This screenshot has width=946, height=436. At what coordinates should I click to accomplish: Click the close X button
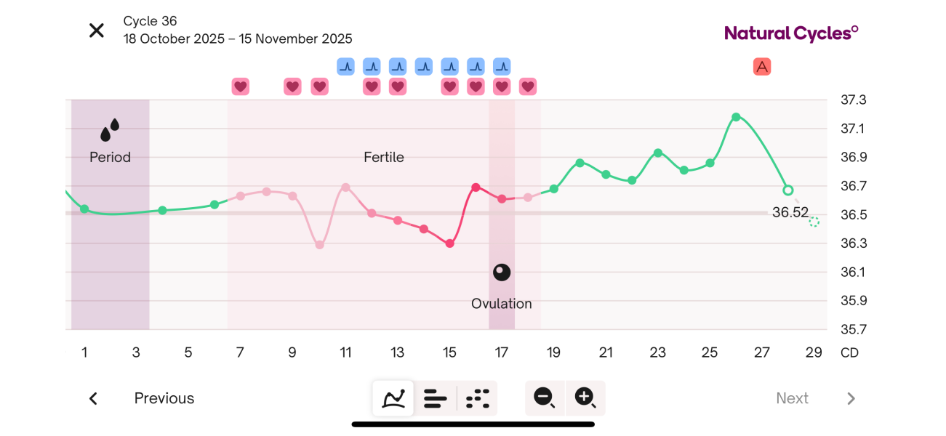tap(96, 31)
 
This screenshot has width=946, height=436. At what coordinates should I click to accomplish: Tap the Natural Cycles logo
tap(791, 33)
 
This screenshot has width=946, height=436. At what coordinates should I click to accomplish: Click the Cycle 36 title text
tap(151, 21)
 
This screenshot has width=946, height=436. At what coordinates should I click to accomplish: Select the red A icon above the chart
tap(761, 67)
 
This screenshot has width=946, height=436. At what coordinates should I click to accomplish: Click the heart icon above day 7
tap(241, 86)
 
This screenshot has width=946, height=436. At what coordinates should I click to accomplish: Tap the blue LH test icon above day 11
tap(345, 67)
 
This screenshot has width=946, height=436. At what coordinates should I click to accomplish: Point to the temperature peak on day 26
tap(736, 117)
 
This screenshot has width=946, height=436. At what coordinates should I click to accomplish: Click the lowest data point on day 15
tap(450, 243)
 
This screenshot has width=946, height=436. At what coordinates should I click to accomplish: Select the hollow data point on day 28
tap(787, 190)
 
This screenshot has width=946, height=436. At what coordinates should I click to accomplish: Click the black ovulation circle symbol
tap(502, 272)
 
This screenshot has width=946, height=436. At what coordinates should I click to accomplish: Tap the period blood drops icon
tap(110, 130)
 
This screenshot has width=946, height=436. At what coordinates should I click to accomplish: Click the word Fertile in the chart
tap(384, 158)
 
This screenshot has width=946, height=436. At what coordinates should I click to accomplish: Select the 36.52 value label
tap(790, 212)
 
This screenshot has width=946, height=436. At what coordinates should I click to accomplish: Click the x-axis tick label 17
tap(502, 353)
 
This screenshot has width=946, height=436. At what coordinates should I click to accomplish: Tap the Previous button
tap(164, 398)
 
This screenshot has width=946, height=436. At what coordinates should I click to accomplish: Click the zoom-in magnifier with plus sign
tap(585, 397)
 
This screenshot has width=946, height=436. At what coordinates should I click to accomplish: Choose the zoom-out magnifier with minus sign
tap(545, 397)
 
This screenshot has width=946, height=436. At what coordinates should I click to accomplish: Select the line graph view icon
tap(393, 398)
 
